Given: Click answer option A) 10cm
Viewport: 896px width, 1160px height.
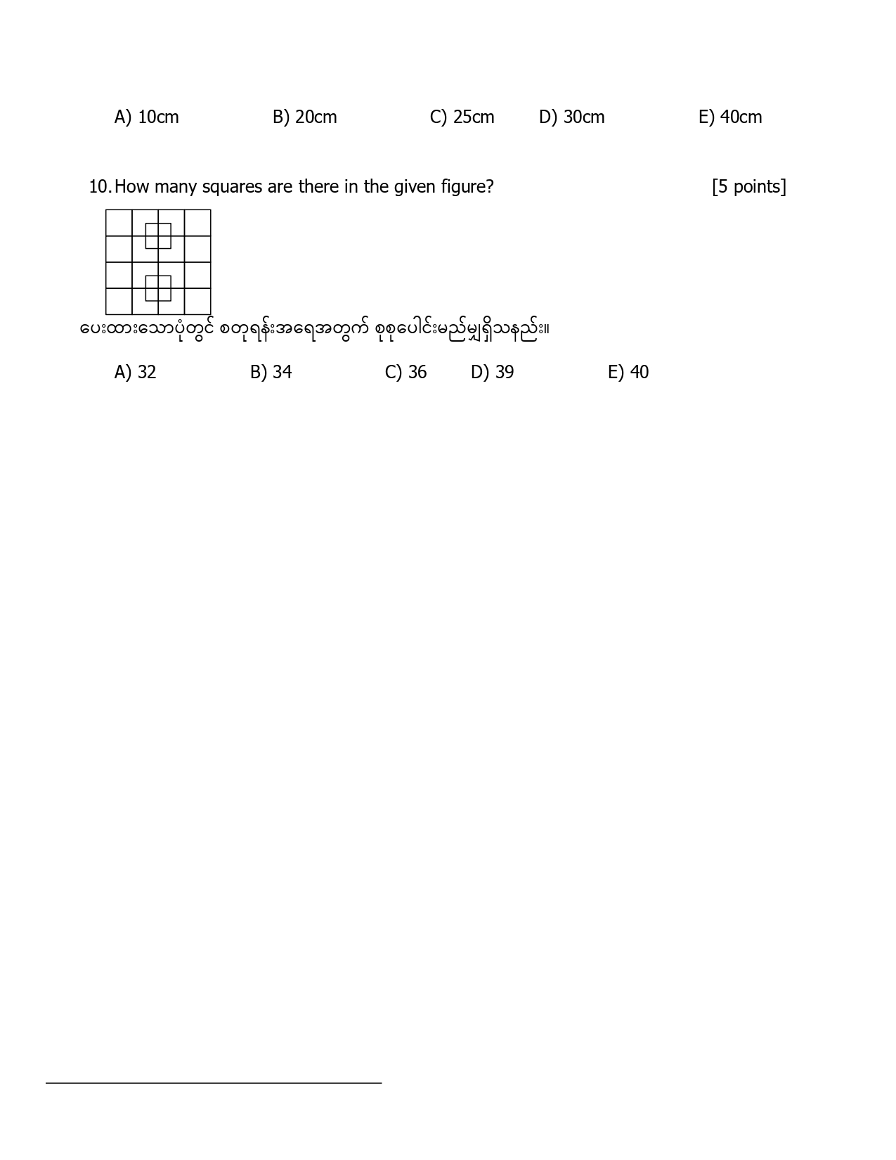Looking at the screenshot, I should pyautogui.click(x=146, y=117).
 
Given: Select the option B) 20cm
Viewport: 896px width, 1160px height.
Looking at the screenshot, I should pyautogui.click(x=304, y=117).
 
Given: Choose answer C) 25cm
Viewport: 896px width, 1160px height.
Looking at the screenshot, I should pyautogui.click(x=462, y=117).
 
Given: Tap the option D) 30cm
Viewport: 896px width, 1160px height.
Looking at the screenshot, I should pyautogui.click(x=571, y=117).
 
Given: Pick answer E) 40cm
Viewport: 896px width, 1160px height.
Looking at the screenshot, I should pyautogui.click(x=729, y=117).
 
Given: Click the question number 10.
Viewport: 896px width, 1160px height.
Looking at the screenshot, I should pyautogui.click(x=99, y=187).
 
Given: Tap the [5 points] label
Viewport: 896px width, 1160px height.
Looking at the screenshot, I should pyautogui.click(x=748, y=187).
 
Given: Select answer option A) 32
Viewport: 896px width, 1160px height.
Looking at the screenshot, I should pyautogui.click(x=135, y=372).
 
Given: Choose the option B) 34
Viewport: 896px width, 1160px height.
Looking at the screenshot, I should pyautogui.click(x=271, y=372).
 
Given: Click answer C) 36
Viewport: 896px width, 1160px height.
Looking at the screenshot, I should pyautogui.click(x=405, y=372).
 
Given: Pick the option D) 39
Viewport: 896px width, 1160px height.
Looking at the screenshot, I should pyautogui.click(x=492, y=372).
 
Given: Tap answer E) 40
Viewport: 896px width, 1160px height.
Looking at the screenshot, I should pyautogui.click(x=628, y=372).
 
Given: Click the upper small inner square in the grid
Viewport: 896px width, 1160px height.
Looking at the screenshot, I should pyautogui.click(x=158, y=236).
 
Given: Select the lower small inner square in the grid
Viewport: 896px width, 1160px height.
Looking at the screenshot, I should pyautogui.click(x=158, y=288).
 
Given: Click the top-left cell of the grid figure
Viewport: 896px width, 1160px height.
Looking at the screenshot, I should pyautogui.click(x=119, y=223).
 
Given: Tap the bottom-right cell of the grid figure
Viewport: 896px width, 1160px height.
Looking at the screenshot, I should pyautogui.click(x=197, y=302).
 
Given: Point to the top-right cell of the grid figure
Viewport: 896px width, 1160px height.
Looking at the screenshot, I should pyautogui.click(x=197, y=223).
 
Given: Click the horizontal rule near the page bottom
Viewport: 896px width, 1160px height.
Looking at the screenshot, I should pyautogui.click(x=214, y=1083).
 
